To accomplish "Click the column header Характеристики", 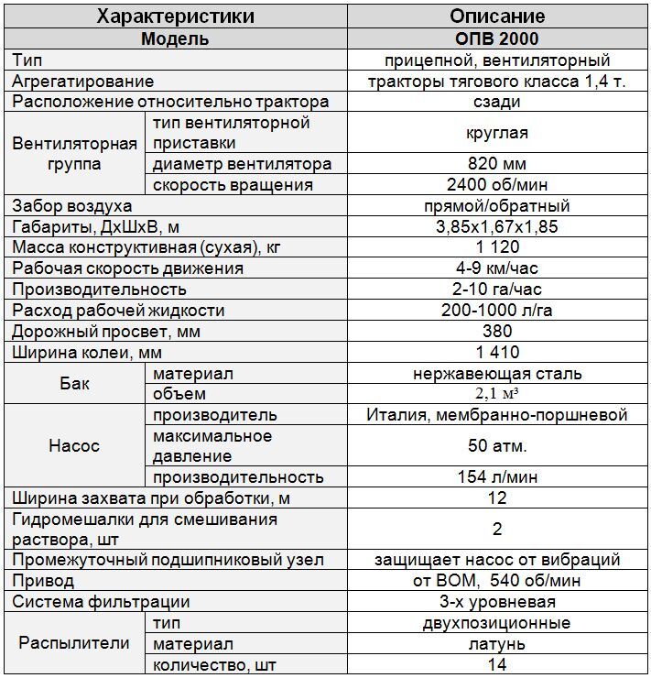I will tap(175, 16).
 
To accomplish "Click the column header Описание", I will tap(497, 16).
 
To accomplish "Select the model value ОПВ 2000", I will tap(497, 38).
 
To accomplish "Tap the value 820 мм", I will tap(497, 164).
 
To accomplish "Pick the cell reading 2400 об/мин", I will tap(497, 185).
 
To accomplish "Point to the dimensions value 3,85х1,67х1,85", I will tap(497, 226).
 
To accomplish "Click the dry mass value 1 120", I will tap(497, 247).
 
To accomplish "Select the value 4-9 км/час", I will tap(497, 268).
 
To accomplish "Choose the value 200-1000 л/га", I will tap(497, 311).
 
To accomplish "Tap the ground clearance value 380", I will tap(497, 332).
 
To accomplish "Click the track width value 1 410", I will tap(497, 353).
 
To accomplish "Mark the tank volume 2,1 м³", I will tap(497, 394).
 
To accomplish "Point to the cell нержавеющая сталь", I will tap(497, 374).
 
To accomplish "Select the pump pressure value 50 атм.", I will tap(497, 446).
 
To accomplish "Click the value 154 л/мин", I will tap(497, 477).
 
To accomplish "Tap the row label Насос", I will tap(74, 446).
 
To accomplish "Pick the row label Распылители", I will tap(74, 643).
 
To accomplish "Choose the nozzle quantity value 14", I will tap(497, 665).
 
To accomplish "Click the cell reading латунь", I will tap(497, 644).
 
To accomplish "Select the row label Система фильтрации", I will tap(101, 602).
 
